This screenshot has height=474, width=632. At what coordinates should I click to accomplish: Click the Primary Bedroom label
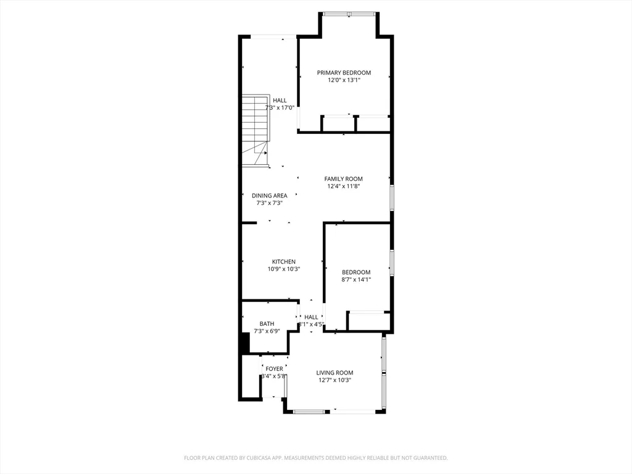(344, 73)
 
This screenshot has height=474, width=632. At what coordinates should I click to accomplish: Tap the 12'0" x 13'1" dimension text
(344, 80)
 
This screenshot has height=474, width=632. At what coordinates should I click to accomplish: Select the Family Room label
(344, 179)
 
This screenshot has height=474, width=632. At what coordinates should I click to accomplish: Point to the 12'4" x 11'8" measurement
(344, 186)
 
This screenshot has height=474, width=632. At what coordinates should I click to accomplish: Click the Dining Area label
(269, 196)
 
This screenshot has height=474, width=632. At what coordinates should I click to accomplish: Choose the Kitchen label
(284, 262)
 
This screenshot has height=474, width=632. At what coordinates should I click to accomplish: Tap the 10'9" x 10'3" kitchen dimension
(284, 269)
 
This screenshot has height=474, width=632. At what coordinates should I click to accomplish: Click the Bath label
(267, 324)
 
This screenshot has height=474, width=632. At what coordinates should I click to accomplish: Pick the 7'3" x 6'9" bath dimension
(267, 331)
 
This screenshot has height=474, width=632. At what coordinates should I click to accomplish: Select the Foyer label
(274, 369)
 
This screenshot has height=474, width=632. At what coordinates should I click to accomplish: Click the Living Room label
(335, 373)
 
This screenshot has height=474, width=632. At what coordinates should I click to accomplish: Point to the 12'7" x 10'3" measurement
(335, 380)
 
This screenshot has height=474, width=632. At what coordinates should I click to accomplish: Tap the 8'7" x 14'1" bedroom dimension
(356, 280)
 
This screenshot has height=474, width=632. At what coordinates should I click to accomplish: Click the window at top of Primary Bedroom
(349, 14)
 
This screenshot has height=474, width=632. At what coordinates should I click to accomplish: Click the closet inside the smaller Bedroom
(368, 322)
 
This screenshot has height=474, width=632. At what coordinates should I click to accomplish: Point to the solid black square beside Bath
(244, 343)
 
